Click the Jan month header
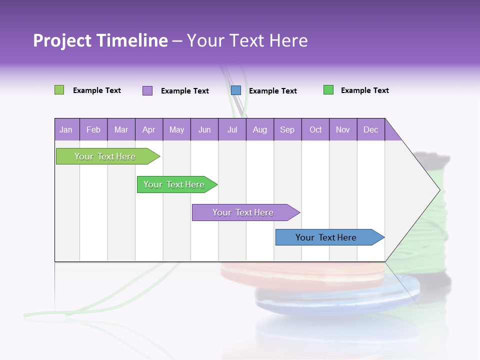point(66,129)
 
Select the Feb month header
point(93,129)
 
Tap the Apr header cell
point(148,129)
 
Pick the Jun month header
point(204,129)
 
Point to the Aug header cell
point(259,129)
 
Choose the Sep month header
point(287,129)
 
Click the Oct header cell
point(315,129)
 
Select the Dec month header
point(370,129)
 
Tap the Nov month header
point(343,129)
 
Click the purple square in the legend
point(147,90)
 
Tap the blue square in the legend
point(236,90)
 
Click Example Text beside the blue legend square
point(273,91)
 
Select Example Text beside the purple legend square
point(185,91)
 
